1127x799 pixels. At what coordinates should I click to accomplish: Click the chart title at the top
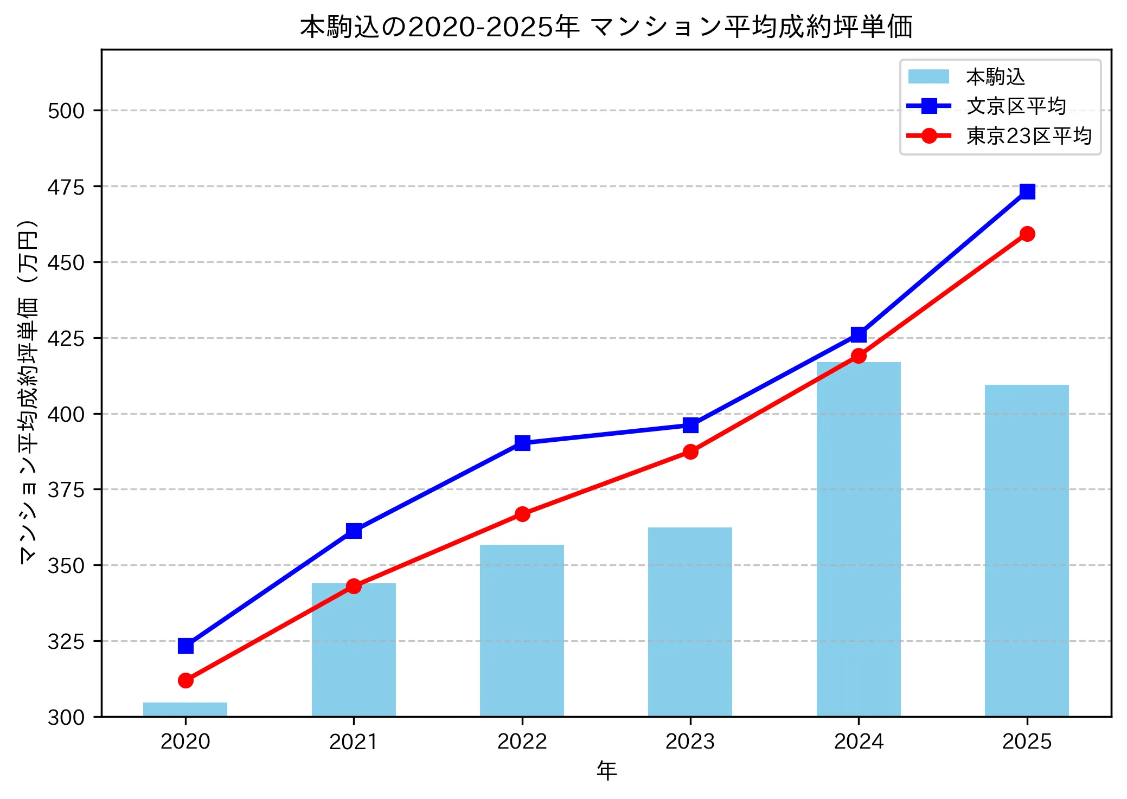pos(606,27)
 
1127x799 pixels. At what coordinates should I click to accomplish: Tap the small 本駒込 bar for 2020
pos(185,709)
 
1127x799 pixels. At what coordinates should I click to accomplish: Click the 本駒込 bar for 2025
pos(1027,550)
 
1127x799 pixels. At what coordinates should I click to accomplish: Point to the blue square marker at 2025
pos(1027,191)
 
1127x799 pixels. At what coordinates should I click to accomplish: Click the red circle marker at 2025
pos(1027,234)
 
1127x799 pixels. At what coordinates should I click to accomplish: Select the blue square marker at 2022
pos(522,443)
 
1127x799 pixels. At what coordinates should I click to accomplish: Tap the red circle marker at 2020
pos(185,680)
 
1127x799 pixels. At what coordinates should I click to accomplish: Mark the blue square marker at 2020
pos(185,646)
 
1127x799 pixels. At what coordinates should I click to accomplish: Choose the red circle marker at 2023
pos(690,452)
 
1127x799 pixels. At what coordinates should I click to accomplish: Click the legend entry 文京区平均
pos(1016,106)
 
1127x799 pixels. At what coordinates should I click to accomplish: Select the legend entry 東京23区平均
pos(1028,136)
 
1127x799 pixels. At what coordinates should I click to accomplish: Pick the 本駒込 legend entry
pos(995,77)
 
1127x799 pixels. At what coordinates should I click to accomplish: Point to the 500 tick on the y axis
pos(66,111)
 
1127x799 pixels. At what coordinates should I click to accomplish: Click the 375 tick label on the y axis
pos(66,489)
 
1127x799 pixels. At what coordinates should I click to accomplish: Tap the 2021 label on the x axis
pos(354,741)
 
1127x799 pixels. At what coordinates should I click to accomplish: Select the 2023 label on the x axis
pos(690,741)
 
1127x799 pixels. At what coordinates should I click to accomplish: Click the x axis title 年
pos(606,770)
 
